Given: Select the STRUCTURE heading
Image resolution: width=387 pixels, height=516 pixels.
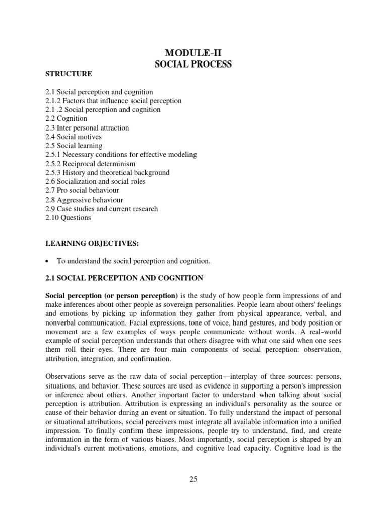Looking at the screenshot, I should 69,74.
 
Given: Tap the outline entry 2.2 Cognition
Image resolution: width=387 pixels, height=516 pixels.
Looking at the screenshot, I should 66,119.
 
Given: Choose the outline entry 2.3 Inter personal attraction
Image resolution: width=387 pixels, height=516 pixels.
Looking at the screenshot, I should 87,128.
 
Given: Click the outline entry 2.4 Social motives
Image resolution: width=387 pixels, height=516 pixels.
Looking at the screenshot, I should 73,137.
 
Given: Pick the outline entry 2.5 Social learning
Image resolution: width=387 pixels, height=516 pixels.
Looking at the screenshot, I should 74,146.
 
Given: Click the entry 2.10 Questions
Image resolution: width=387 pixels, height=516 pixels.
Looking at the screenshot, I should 68,218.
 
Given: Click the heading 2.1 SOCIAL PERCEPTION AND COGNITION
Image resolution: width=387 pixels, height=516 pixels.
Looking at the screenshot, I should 124,278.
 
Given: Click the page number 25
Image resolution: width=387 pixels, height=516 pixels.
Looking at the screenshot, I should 193,479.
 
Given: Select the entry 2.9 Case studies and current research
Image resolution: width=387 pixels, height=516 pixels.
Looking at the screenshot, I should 101,209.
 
